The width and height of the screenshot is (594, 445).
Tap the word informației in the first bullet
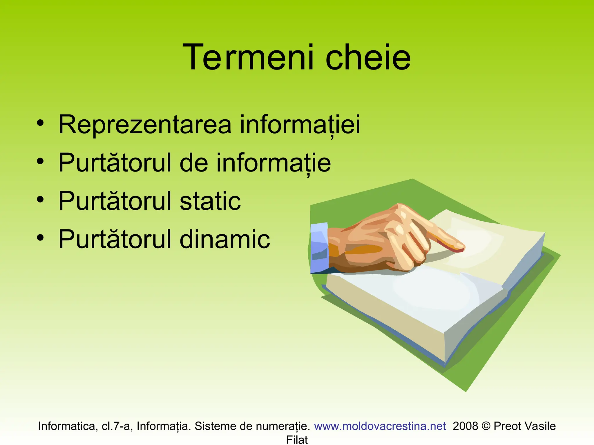pos(300,125)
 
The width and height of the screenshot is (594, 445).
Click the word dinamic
pos(225,239)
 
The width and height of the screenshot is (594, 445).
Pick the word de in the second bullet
pos(194,163)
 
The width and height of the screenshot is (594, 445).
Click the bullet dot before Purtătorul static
pos(40,199)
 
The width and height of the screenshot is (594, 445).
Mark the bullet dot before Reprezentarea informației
pos(40,123)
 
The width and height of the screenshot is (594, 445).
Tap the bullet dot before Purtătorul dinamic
pos(40,238)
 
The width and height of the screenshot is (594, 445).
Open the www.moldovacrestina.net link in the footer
pos(380,426)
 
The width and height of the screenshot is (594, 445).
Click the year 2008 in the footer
pos(465,426)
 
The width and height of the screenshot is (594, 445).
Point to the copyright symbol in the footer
pos(486,426)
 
